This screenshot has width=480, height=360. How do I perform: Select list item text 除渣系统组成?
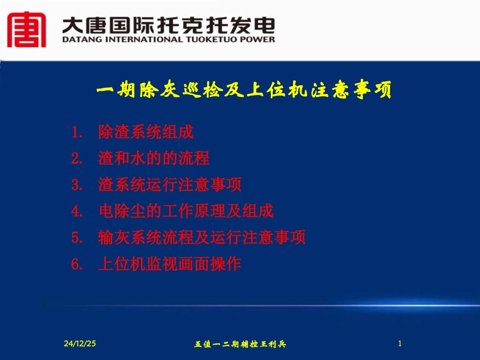coord(146,133)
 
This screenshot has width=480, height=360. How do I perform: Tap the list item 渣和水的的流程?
coord(154,159)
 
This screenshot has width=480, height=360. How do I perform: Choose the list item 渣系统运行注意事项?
coord(170,185)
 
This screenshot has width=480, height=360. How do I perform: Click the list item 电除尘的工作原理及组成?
coord(186,211)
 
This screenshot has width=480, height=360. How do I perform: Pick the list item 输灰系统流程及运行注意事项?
coord(202,237)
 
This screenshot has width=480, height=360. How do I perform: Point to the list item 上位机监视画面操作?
coord(170,264)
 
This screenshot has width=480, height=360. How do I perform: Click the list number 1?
coord(77,133)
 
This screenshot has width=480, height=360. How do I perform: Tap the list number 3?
coord(77,186)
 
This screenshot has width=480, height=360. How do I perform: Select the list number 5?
coord(77,238)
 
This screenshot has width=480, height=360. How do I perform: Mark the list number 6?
coord(77,264)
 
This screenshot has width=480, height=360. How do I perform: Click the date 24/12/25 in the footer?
coord(80,344)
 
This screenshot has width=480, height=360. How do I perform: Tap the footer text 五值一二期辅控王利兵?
coord(241,344)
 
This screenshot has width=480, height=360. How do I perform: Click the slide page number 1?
coord(400,344)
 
